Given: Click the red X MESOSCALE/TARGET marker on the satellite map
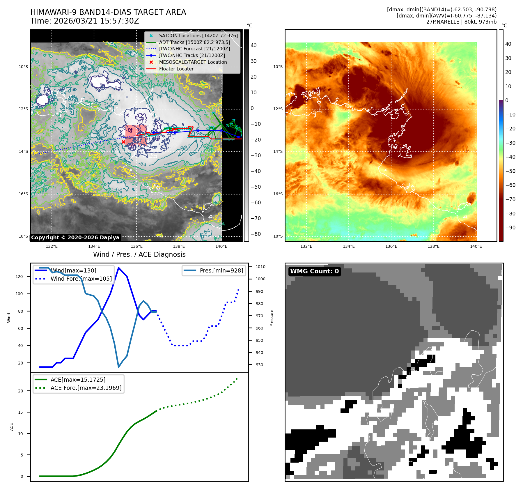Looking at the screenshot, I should [123, 142].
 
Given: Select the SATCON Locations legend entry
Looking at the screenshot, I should [198, 36].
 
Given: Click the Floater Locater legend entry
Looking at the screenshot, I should [176, 69].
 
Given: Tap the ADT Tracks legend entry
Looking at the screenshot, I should [194, 42].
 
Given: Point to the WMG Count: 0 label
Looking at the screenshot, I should [314, 271].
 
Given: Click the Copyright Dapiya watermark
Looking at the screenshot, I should [75, 238].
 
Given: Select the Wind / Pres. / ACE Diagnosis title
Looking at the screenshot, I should [139, 254].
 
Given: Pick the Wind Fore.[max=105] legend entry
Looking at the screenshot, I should [81, 279].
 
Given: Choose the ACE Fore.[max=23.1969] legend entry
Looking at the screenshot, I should [86, 388].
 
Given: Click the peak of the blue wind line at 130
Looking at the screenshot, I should [118, 268].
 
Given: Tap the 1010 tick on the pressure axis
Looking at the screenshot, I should [260, 267].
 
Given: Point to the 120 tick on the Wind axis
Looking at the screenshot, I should [19, 277].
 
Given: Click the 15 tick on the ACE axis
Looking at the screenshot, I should [20, 412].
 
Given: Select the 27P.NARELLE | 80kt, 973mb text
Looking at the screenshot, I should [461, 22].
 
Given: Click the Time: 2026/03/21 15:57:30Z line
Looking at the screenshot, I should [85, 21].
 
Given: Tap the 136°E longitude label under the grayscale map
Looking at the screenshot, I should [136, 246].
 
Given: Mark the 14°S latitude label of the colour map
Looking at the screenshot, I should [278, 151].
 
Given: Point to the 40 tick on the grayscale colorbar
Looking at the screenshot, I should [253, 45].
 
